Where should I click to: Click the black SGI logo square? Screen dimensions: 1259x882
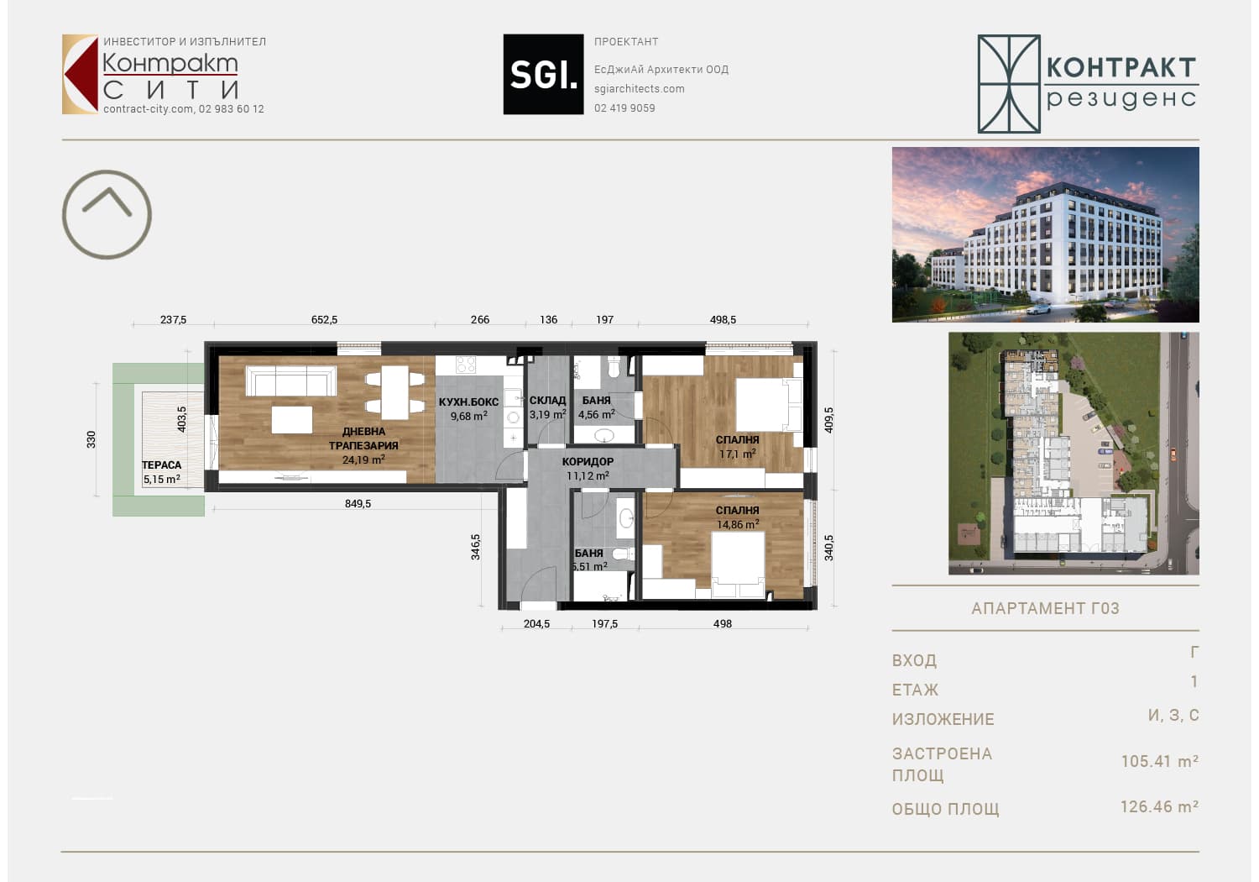click(x=543, y=74)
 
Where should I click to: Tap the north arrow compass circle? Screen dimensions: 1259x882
click(x=107, y=171)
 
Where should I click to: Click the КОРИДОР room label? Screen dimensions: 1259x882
click(x=588, y=462)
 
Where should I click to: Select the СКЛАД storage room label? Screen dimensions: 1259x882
click(x=547, y=401)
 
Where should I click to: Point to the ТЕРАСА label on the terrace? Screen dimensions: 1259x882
click(x=162, y=465)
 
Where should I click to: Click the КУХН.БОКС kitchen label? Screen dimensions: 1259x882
click(x=468, y=402)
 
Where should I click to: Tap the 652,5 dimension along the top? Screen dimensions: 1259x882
click(x=324, y=319)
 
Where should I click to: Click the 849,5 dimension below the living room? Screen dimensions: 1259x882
click(x=358, y=503)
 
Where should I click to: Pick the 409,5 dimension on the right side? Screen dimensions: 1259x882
click(x=828, y=420)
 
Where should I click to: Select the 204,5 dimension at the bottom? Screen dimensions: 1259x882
click(x=537, y=623)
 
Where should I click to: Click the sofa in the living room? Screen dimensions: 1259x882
click(x=291, y=381)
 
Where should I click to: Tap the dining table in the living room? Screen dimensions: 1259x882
click(x=395, y=392)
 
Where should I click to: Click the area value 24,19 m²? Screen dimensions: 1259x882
click(x=363, y=459)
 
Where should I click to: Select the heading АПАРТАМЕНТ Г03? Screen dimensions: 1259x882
click(x=1046, y=608)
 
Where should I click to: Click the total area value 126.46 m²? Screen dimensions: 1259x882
click(x=1159, y=806)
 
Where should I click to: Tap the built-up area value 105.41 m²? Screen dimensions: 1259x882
click(x=1160, y=761)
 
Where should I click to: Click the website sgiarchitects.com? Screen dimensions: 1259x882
click(x=640, y=89)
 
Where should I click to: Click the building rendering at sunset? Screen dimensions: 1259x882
click(x=1046, y=234)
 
